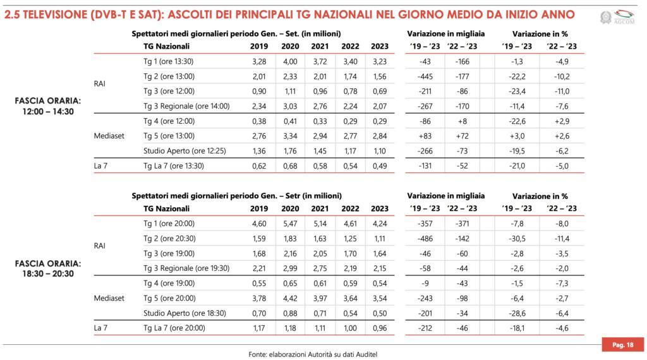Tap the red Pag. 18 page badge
[x=623, y=345]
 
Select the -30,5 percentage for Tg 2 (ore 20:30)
[x=516, y=238]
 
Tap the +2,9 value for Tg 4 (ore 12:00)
[x=560, y=121]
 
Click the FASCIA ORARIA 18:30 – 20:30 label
[x=49, y=268]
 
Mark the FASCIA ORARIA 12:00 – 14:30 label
[x=49, y=106]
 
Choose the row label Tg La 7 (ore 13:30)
[x=174, y=165]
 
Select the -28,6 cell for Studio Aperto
[x=516, y=313]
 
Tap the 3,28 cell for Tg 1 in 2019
[x=259, y=61]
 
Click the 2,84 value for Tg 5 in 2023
[x=380, y=136]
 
